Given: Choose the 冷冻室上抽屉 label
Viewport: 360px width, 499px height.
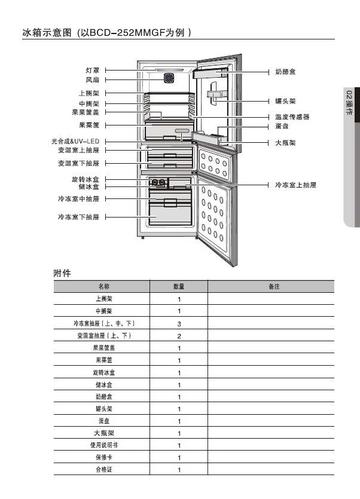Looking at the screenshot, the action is tap(296, 185).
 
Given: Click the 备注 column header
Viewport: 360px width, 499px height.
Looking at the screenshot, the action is tap(273, 287).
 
